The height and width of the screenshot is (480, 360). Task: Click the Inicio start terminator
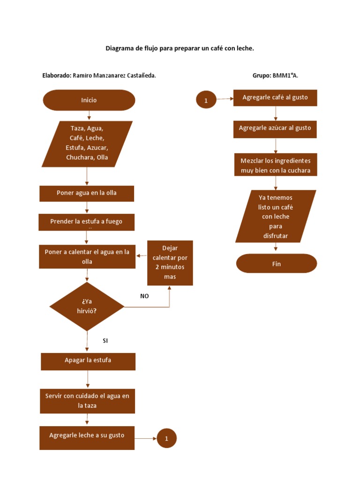tap(89, 100)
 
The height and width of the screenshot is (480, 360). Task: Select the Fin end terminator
tap(277, 263)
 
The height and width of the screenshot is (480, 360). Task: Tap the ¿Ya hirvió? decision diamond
tap(87, 307)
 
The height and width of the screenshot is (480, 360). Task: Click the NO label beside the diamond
tap(144, 296)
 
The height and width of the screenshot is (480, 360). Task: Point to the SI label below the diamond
tap(105, 341)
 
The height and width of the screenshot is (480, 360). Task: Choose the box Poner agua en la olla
tap(87, 193)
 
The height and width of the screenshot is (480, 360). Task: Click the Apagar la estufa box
tap(88, 361)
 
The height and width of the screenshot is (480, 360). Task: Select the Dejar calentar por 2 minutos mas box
tap(170, 262)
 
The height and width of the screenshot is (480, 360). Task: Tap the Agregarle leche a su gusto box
tap(87, 437)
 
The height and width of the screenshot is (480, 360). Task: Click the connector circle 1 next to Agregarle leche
tap(167, 439)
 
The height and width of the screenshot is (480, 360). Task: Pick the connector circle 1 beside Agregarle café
tap(206, 100)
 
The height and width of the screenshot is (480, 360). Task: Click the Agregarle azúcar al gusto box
tap(275, 128)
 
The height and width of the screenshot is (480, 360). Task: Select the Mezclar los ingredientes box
tap(276, 165)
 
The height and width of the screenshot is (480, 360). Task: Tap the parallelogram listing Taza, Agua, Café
tap(87, 143)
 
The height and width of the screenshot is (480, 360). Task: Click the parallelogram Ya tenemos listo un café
tap(276, 216)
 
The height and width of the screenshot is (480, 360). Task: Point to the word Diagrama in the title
tap(119, 48)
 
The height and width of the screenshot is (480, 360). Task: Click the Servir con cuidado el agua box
tap(87, 401)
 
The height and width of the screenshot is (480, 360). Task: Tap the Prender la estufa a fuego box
tap(86, 222)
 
